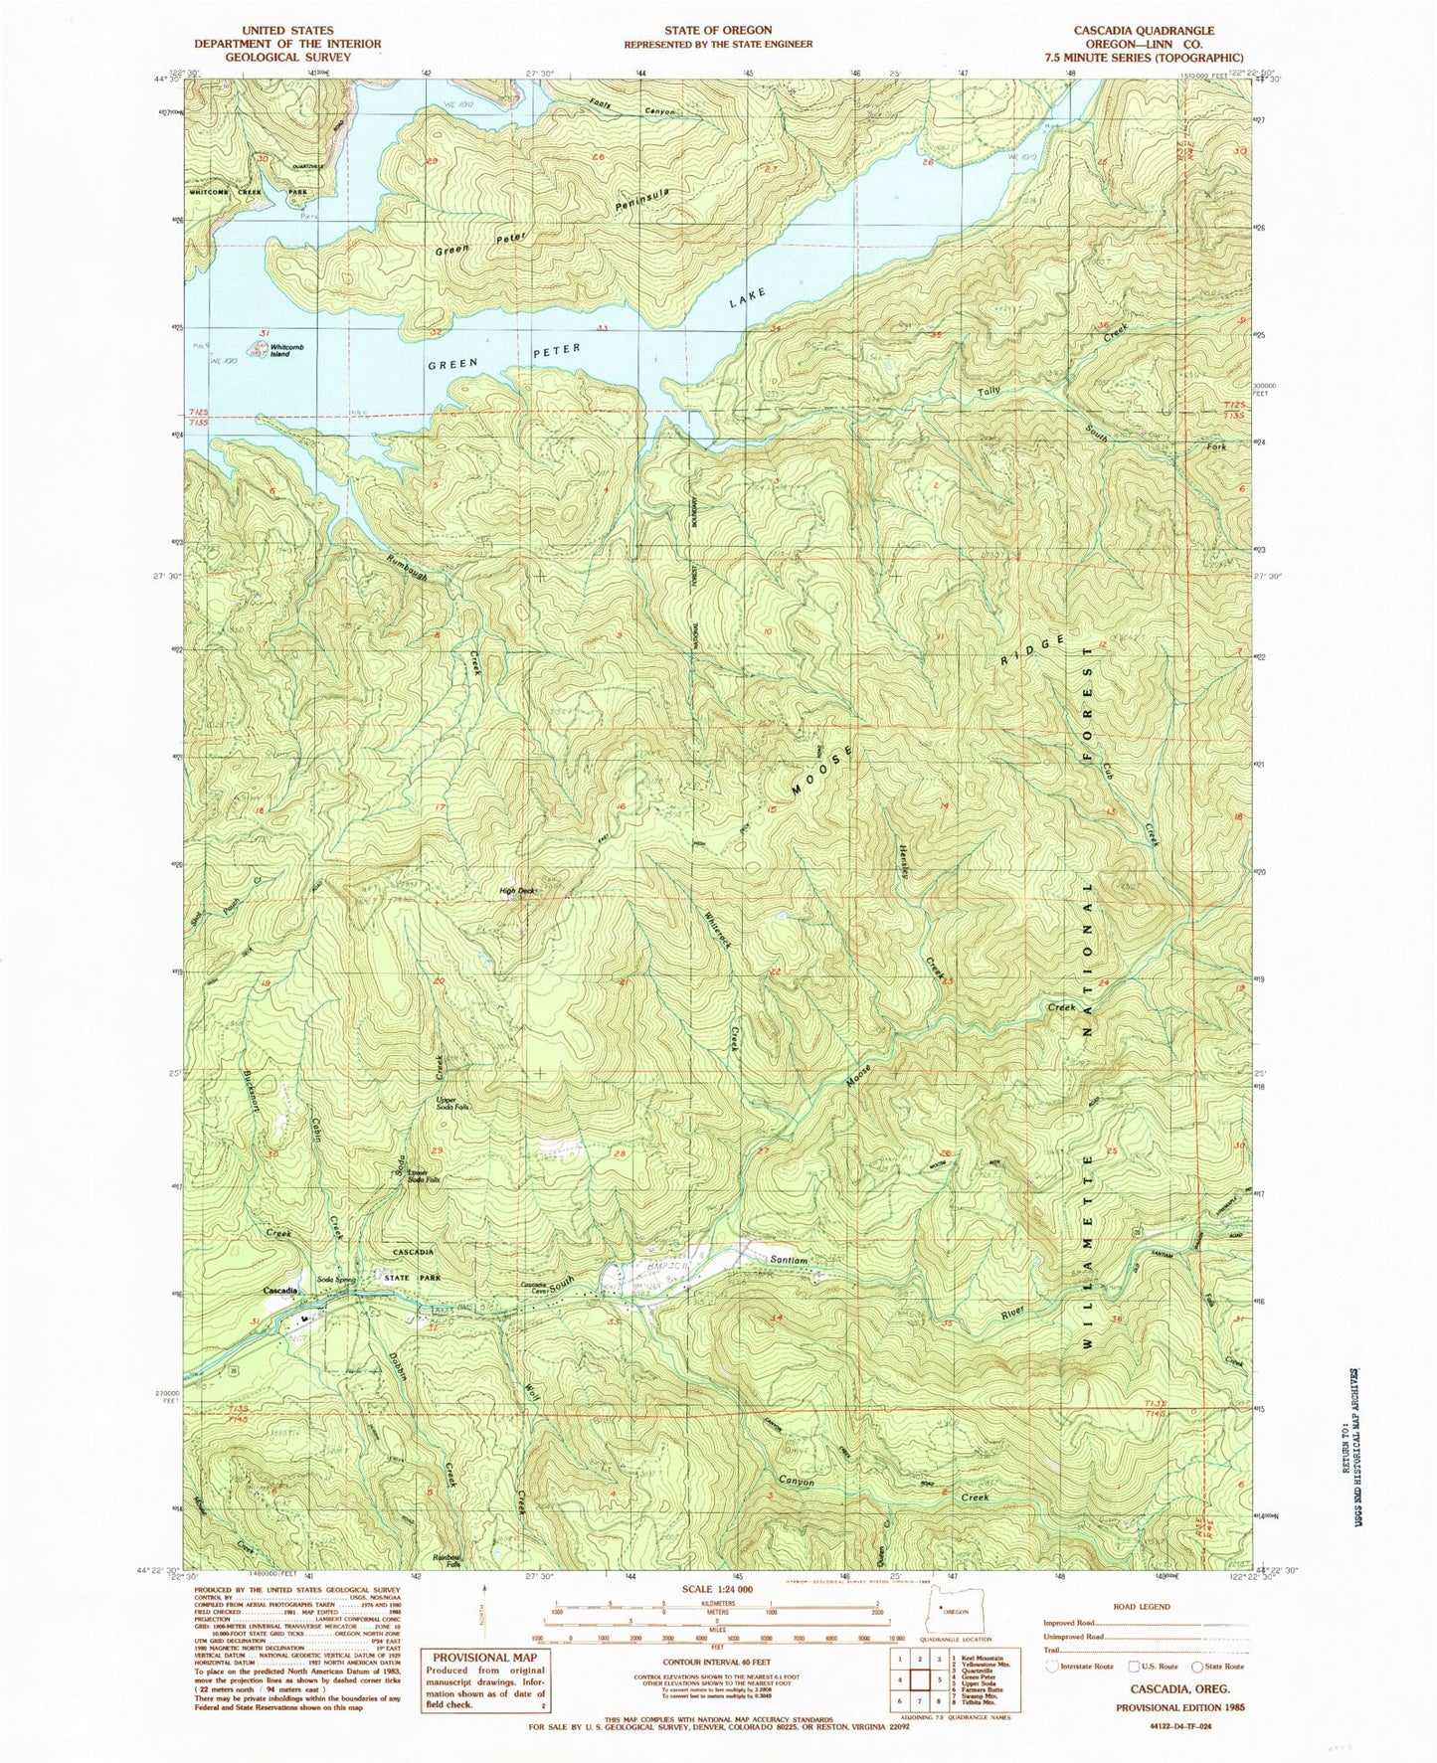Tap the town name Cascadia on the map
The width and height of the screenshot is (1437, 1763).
point(281,1290)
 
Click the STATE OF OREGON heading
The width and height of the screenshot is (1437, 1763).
point(718,32)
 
